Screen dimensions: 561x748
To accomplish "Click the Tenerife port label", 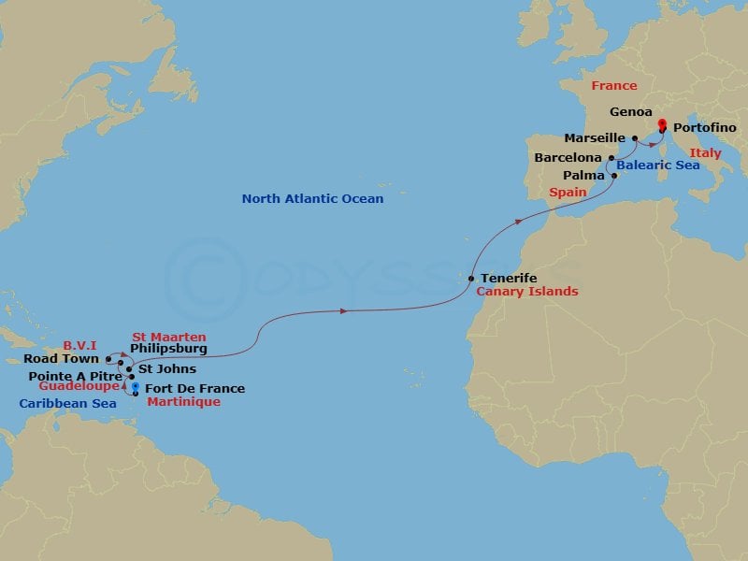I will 510,278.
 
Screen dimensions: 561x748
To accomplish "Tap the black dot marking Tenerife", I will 472,279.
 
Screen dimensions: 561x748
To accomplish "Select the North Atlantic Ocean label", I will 312,198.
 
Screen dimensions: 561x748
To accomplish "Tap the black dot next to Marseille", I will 636,138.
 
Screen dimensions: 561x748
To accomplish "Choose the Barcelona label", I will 568,158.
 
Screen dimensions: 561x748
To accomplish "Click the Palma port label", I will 583,175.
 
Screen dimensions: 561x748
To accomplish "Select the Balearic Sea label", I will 657,165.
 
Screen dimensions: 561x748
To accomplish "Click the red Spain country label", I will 568,192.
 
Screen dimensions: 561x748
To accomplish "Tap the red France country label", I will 614,86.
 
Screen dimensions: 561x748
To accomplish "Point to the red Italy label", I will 705,152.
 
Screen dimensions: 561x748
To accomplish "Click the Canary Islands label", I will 527,292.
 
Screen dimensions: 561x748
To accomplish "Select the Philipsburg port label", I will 168,349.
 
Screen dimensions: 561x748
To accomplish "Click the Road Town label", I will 63,358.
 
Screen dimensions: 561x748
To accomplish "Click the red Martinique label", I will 183,401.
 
